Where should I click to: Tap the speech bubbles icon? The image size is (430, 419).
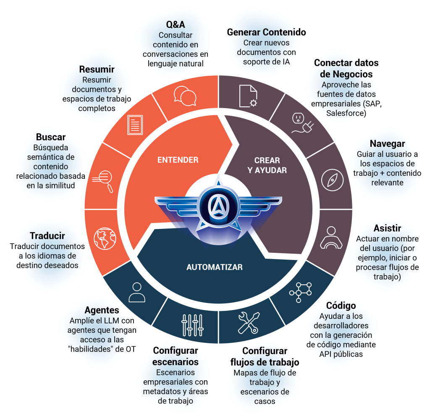click(x=185, y=96)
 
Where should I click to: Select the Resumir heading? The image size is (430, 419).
click(x=97, y=69)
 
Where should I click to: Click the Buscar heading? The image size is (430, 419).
click(x=51, y=137)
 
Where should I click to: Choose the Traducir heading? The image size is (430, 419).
click(x=47, y=236)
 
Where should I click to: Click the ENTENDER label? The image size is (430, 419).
click(x=178, y=160)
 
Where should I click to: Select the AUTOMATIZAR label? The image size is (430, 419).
click(x=214, y=267)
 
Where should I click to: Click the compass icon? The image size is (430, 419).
click(x=329, y=180)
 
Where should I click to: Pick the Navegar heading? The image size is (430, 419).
click(x=387, y=143)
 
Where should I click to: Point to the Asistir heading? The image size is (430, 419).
click(x=387, y=228)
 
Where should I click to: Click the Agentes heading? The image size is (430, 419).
click(x=102, y=310)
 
